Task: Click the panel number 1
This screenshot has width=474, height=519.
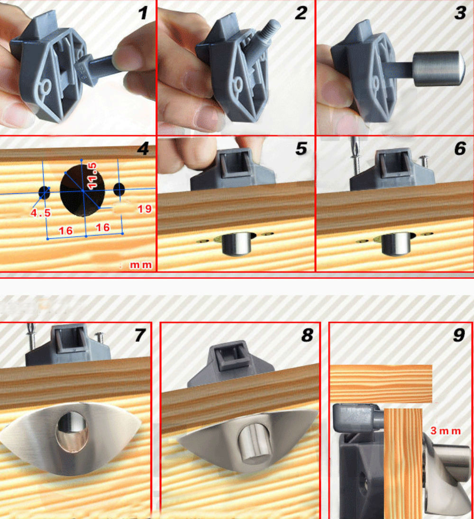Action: [x=143, y=13]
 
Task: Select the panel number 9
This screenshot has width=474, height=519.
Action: [x=458, y=335]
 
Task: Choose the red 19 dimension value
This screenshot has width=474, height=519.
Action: [x=145, y=209]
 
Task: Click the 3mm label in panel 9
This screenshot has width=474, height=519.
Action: [x=445, y=431]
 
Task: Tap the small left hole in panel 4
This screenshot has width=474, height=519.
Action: [x=44, y=192]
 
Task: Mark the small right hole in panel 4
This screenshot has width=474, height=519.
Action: [x=118, y=189]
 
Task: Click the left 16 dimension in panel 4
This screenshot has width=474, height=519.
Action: [x=65, y=230]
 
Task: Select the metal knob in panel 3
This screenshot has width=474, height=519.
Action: [x=436, y=69]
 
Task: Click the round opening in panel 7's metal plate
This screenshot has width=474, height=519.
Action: [x=71, y=431]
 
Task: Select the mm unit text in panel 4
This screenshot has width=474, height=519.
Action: [x=141, y=265]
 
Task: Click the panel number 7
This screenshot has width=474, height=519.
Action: [x=139, y=335]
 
